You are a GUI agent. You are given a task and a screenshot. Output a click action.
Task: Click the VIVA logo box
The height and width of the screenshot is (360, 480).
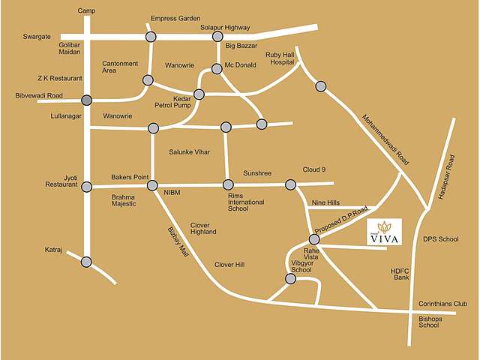(x=384, y=232)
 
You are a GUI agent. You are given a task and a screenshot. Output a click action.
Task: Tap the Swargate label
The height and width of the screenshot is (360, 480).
(x=36, y=36)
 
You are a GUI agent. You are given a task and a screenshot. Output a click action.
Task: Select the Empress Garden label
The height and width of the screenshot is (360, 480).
(x=175, y=18)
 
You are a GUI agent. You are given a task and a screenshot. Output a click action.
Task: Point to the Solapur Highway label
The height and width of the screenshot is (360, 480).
(x=224, y=28)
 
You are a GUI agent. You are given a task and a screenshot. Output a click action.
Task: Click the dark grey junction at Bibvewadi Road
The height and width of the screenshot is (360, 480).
(x=87, y=100)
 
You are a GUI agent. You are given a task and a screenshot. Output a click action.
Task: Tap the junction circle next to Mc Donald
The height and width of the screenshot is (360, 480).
(x=217, y=69)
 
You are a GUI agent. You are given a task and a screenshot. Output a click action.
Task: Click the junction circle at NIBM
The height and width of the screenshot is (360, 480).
(x=152, y=185)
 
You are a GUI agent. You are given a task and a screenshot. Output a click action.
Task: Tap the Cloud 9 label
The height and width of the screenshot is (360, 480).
(x=313, y=169)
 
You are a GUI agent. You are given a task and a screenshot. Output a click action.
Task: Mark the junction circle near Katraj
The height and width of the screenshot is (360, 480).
(x=87, y=262)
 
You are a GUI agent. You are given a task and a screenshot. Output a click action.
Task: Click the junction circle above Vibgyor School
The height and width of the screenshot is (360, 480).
(x=291, y=278)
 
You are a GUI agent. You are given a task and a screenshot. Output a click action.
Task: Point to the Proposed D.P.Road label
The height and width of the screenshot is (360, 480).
(x=343, y=217)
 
